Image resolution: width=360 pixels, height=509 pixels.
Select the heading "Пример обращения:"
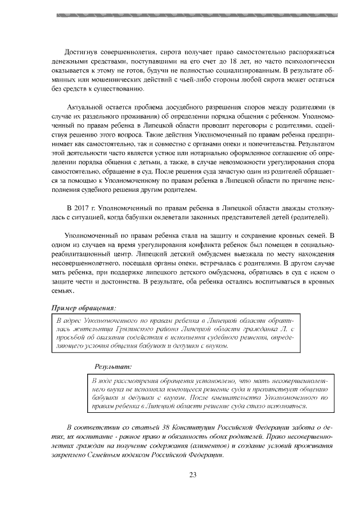point(84,308)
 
